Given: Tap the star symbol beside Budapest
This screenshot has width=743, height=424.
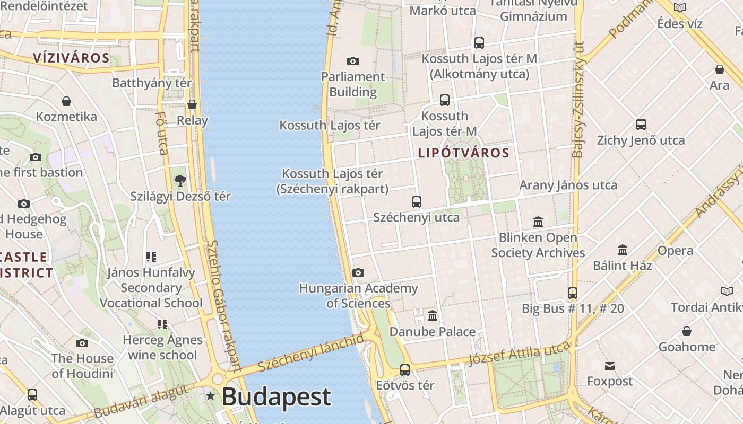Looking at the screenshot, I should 211,396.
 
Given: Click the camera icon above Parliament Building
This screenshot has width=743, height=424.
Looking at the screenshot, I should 352,61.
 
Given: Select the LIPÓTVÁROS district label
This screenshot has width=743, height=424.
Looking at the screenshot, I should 464,153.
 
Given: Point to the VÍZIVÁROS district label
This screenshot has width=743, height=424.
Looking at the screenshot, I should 71,58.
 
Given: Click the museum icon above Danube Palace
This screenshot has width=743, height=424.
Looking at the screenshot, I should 433,316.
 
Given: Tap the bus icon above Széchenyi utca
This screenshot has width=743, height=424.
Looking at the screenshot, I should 417,202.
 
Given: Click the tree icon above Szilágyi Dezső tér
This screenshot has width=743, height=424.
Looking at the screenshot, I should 180,181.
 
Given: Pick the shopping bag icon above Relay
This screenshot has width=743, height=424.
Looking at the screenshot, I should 192,105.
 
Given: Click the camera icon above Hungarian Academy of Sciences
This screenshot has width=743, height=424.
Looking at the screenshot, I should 358,273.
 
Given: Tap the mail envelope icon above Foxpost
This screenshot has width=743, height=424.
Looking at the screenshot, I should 610,366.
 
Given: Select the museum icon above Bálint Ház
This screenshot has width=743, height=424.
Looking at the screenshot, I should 623,250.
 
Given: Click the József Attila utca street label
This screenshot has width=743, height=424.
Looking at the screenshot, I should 519,354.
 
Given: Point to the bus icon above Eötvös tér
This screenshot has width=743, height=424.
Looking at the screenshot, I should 405,370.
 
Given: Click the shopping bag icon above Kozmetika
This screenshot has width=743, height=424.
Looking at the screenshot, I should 66,101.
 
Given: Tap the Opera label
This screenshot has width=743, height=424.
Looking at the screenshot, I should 675,251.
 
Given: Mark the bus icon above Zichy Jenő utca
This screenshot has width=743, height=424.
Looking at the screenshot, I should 641,125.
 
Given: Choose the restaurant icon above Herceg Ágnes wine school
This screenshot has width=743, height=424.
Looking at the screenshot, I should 162,324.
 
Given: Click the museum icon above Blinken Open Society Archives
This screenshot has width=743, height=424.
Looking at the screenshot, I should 538,222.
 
